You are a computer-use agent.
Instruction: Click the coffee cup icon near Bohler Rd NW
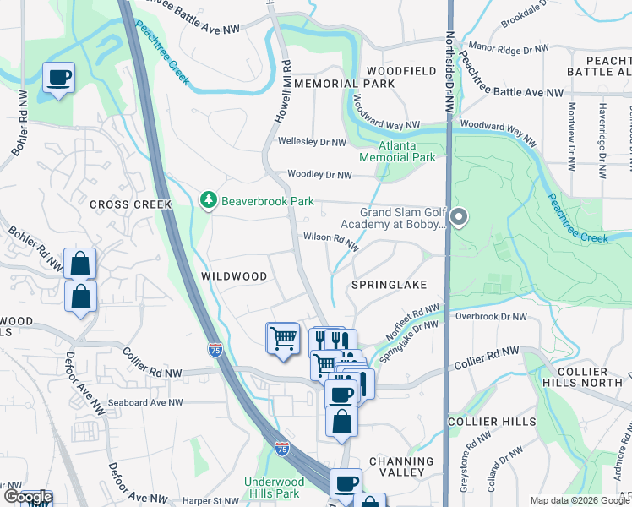pyautogui.click(x=58, y=78)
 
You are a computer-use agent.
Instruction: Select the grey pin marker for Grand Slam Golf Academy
pyautogui.click(x=459, y=219)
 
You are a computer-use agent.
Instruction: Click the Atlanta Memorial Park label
pyautogui.click(x=397, y=152)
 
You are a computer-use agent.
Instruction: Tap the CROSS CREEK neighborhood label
pyautogui.click(x=130, y=204)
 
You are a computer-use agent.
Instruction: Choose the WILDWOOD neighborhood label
pyautogui.click(x=234, y=276)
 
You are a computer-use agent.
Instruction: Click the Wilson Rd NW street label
pyautogui.click(x=332, y=242)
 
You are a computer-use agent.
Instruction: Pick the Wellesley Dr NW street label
pyautogui.click(x=313, y=143)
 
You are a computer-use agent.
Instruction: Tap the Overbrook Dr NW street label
pyautogui.click(x=491, y=317)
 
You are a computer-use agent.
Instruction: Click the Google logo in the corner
pyautogui.click(x=27, y=498)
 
